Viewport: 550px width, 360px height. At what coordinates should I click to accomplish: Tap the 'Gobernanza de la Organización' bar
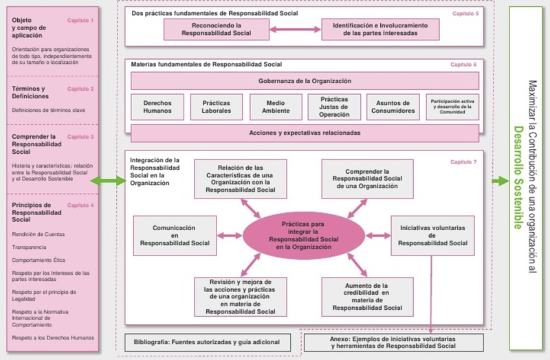click(305, 81)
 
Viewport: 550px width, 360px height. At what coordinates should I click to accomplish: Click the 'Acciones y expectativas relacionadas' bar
click(305, 133)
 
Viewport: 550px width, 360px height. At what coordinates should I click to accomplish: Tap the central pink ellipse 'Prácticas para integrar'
click(305, 234)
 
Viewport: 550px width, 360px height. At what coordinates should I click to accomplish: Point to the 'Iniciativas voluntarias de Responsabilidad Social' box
click(432, 234)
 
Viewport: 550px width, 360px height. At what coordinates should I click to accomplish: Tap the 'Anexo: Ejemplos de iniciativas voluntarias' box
click(393, 342)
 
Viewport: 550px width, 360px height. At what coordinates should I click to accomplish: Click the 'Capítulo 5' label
click(464, 13)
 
